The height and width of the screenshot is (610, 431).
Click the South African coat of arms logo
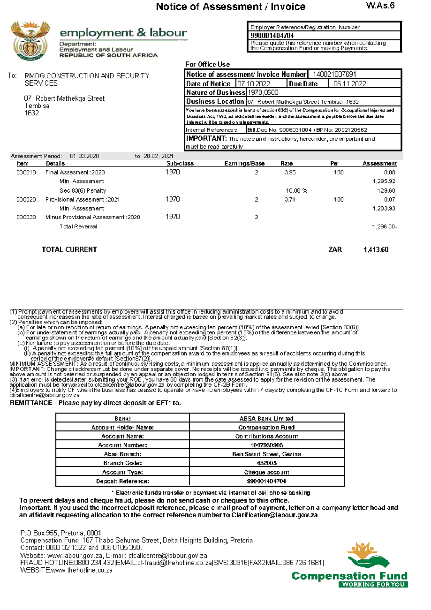click(x=30, y=41)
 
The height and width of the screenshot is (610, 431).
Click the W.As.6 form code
click(x=380, y=5)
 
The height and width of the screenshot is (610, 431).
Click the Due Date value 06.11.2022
click(x=349, y=84)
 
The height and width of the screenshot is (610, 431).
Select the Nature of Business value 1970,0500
click(x=263, y=93)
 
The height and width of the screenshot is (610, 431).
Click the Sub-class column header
click(x=180, y=163)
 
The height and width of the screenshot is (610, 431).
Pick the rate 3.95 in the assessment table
click(x=290, y=172)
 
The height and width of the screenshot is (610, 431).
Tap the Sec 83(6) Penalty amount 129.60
click(x=386, y=191)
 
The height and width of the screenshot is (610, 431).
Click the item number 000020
click(x=26, y=199)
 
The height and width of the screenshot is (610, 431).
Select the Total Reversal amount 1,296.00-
click(x=384, y=227)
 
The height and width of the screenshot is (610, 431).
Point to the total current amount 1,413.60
click(x=376, y=250)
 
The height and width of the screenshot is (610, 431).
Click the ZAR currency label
click(x=335, y=250)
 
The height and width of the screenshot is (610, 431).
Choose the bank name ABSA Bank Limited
click(x=267, y=419)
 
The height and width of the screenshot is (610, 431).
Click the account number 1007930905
click(x=267, y=445)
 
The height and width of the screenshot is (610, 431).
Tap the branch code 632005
click(x=267, y=463)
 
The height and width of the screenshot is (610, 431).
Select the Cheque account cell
click(x=267, y=472)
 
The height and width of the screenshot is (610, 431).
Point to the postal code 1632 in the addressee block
click(x=32, y=113)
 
